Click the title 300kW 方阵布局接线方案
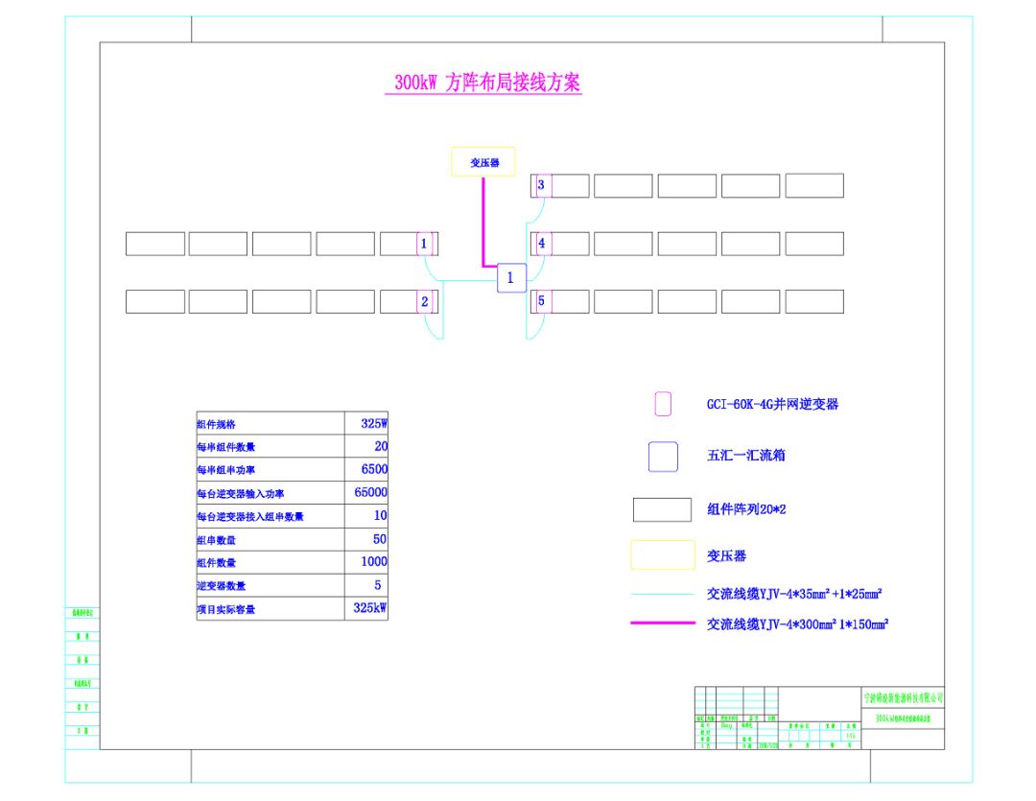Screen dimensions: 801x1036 (x=487, y=82)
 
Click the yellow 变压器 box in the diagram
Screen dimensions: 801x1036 (x=483, y=162)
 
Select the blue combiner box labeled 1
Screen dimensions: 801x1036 (x=510, y=278)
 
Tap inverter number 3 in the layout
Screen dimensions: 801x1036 (x=542, y=185)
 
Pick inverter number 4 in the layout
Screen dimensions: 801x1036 (x=542, y=244)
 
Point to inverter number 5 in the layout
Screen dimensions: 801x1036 (x=542, y=301)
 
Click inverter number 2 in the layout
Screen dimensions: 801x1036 (x=424, y=301)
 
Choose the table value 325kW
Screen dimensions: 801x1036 (x=369, y=608)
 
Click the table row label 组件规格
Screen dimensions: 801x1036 (x=216, y=424)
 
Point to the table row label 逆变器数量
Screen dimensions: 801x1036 (x=221, y=586)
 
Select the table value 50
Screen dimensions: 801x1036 (x=379, y=539)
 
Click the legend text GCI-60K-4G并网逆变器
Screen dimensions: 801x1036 (x=772, y=405)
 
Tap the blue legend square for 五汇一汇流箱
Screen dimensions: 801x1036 (x=663, y=457)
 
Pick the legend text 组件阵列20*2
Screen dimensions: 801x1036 (x=745, y=510)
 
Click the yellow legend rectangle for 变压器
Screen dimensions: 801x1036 (x=662, y=555)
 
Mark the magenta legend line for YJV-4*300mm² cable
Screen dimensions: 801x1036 (x=662, y=624)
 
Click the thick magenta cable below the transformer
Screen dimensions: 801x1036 (x=483, y=221)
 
